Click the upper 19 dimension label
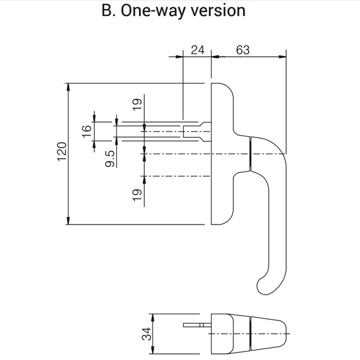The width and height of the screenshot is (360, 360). click(x=137, y=104)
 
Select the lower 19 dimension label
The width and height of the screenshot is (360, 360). click(x=137, y=194)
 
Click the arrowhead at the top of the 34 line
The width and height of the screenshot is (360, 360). click(x=152, y=317)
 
